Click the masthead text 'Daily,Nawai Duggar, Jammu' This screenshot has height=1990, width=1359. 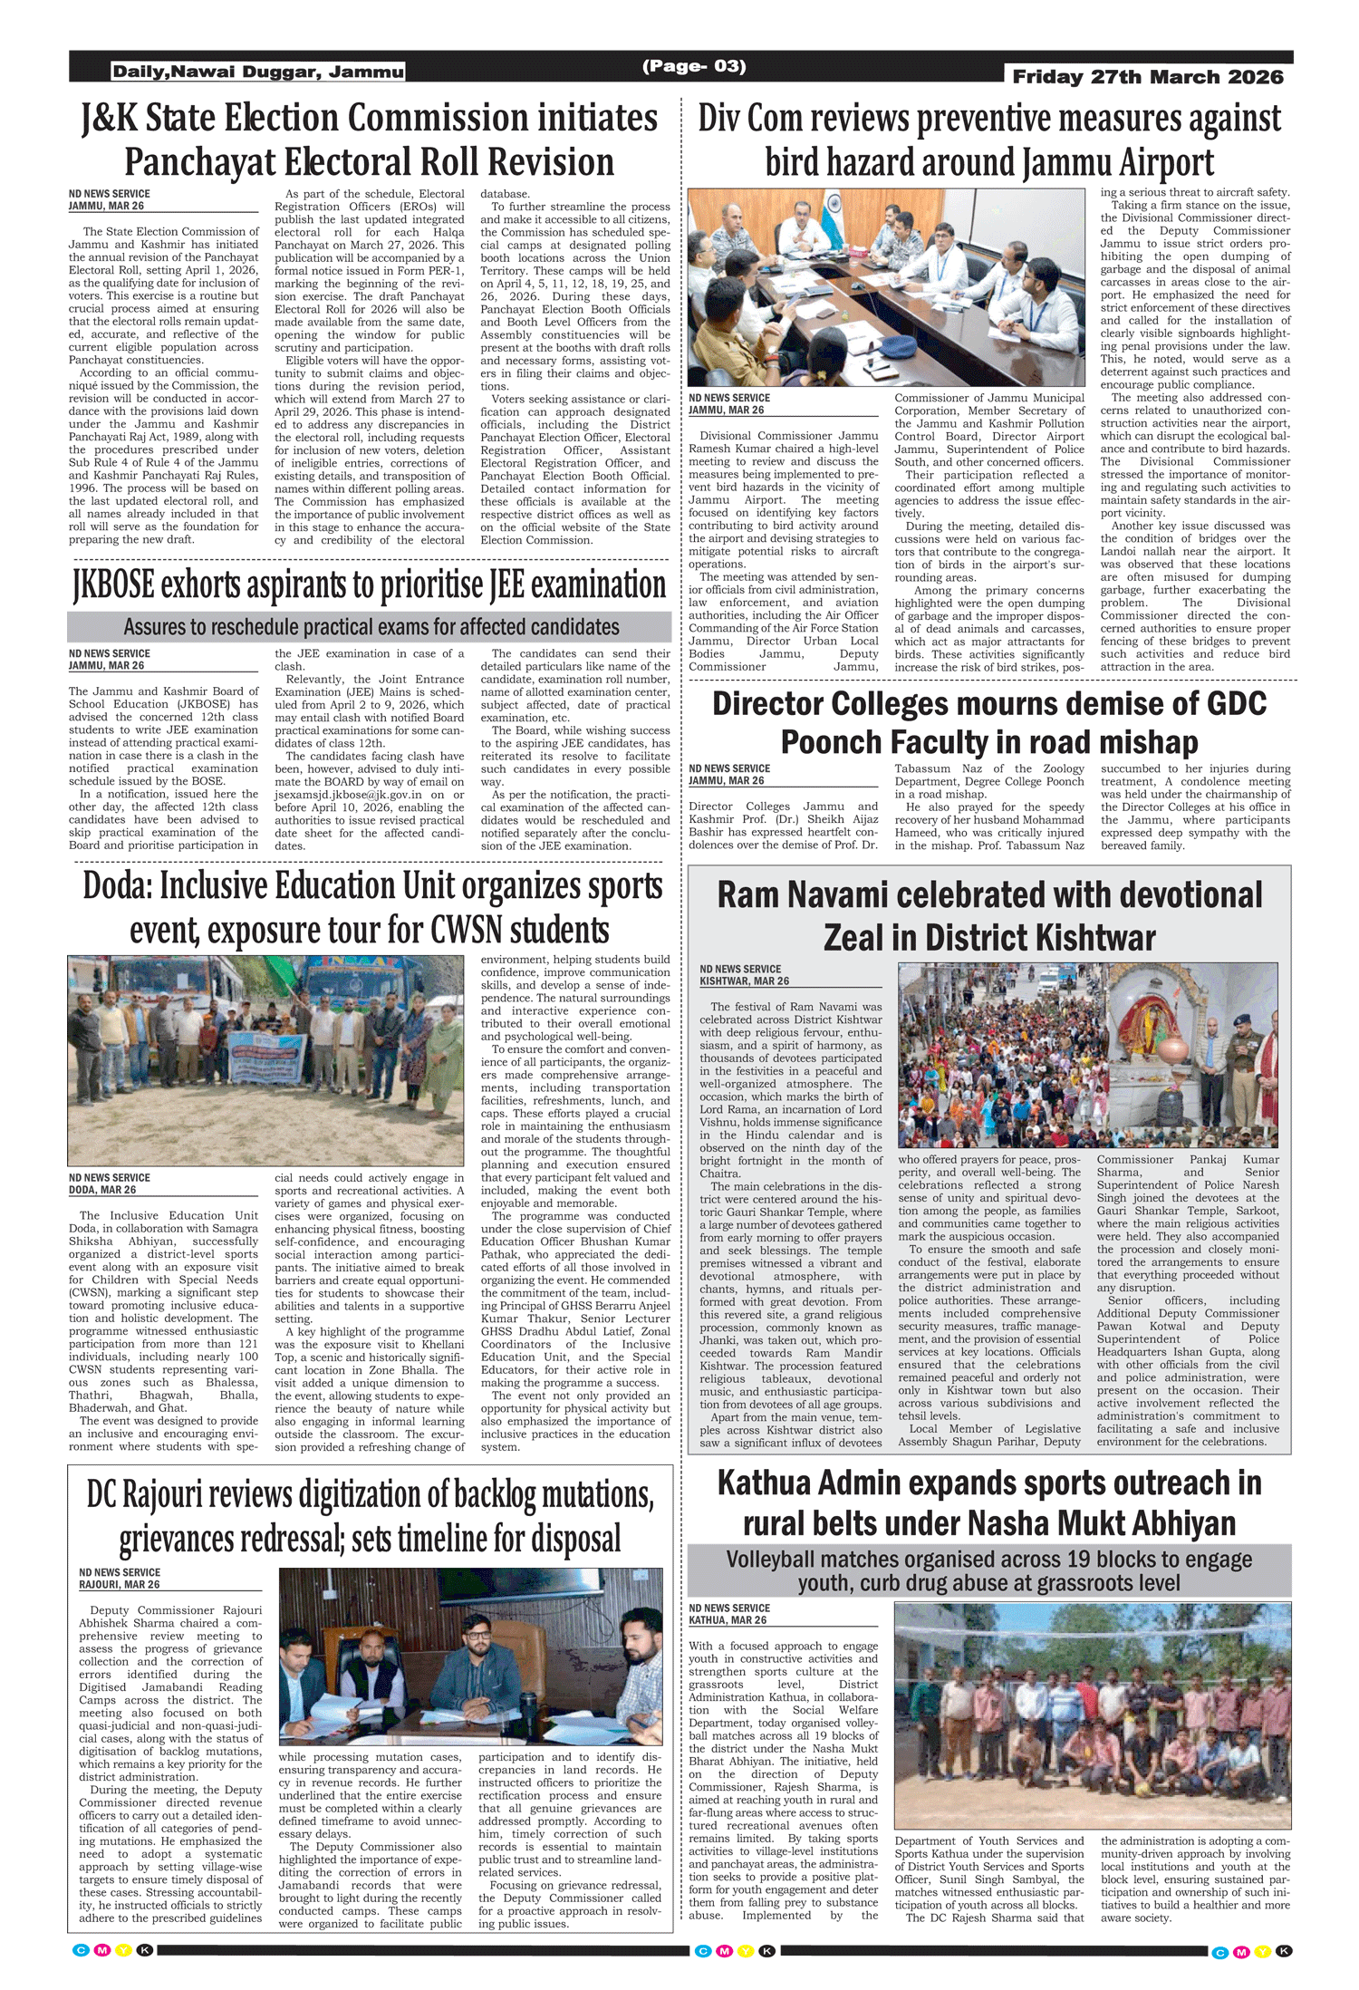[x=258, y=72]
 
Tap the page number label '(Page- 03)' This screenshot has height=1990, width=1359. [x=694, y=66]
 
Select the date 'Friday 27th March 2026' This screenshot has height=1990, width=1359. [x=1148, y=77]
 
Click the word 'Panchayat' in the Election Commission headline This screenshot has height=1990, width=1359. [x=198, y=163]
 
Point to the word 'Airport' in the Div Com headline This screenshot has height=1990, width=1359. [x=1166, y=163]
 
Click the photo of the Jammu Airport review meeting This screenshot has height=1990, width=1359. [x=886, y=287]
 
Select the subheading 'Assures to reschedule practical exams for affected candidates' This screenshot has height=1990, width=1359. [x=371, y=627]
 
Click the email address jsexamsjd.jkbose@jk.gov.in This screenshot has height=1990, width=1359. [x=348, y=795]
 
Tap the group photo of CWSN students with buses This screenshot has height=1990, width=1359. [x=265, y=1059]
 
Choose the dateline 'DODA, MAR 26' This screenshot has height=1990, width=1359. [x=102, y=1190]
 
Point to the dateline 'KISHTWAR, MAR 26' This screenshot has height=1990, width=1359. [x=744, y=981]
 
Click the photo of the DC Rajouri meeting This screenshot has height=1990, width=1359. [x=470, y=1656]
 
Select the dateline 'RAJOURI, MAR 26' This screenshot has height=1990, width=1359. [x=119, y=1585]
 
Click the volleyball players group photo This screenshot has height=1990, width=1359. [x=1092, y=1715]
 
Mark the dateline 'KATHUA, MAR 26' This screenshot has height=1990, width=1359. [x=727, y=1620]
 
